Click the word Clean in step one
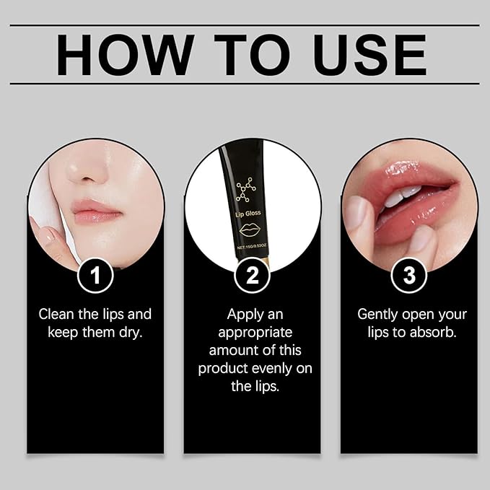click(58, 315)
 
